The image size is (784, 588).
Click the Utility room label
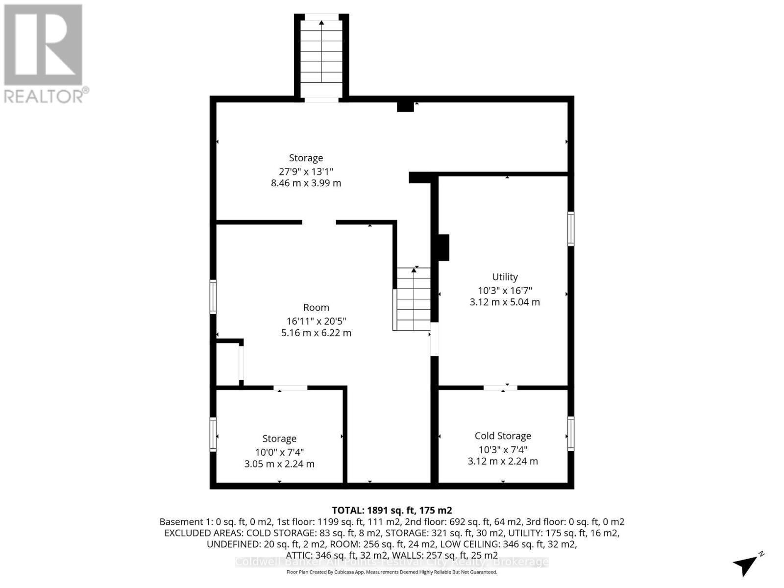(505, 277)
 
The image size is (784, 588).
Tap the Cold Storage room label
(503, 436)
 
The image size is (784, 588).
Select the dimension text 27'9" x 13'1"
(306, 171)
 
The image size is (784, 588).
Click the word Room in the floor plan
(316, 307)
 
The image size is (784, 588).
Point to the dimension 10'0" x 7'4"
(279, 452)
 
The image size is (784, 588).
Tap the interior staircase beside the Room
(414, 299)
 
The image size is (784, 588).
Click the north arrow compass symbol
(747, 565)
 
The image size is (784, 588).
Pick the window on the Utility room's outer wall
(571, 228)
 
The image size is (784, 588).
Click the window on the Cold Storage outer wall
(571, 433)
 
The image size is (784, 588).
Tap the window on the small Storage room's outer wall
(213, 434)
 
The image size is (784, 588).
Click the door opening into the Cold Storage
(500, 388)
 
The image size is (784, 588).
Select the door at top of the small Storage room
(291, 388)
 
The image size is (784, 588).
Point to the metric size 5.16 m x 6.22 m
(316, 333)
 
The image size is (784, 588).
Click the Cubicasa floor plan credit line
(392, 572)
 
